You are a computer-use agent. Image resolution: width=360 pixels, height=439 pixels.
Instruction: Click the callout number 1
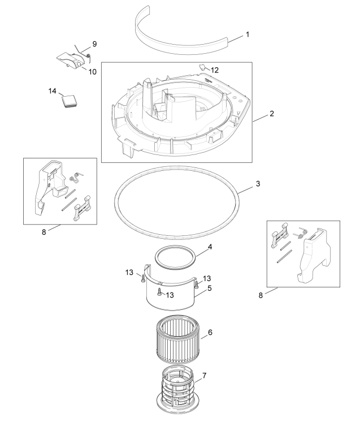(x=247, y=35)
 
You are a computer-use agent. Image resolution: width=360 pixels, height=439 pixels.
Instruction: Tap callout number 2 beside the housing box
(x=271, y=114)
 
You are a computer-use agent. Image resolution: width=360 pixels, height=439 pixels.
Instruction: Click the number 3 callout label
(x=258, y=184)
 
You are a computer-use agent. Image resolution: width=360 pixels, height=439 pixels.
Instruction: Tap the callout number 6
(x=210, y=333)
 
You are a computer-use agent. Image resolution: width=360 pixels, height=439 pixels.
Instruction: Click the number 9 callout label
(x=94, y=44)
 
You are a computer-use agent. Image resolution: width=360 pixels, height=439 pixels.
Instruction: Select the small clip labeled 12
(x=201, y=67)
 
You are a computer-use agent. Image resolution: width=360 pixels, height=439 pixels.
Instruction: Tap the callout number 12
(x=214, y=70)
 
